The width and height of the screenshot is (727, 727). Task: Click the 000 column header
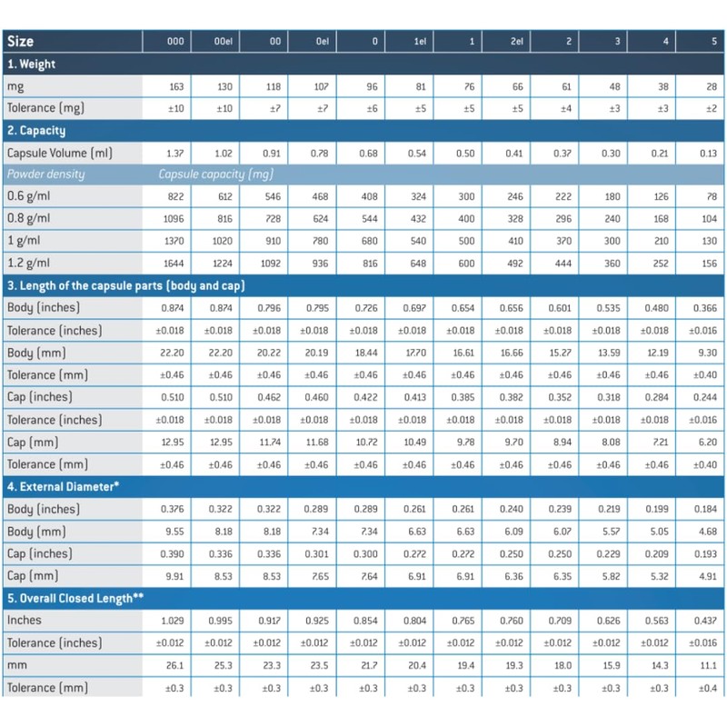(x=175, y=42)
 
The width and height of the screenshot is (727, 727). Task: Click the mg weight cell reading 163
(x=175, y=86)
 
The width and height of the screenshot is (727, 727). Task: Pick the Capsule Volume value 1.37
(x=175, y=153)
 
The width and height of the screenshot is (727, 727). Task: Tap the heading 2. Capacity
(x=35, y=131)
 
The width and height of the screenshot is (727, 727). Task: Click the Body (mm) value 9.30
(x=705, y=353)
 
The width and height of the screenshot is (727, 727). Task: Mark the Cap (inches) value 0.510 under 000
(x=174, y=397)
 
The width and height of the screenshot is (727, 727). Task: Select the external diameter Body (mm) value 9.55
(x=175, y=531)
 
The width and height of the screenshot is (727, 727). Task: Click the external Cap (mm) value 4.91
(x=705, y=575)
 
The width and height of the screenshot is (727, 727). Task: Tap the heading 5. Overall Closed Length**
(x=77, y=597)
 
